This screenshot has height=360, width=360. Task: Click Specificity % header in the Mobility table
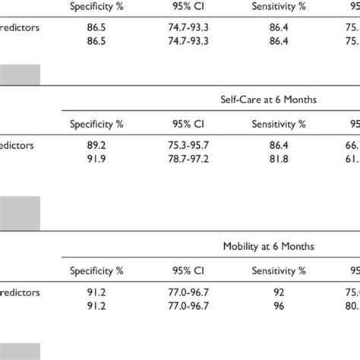(x=96, y=270)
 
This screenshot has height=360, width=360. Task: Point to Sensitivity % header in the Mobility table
(x=279, y=270)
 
